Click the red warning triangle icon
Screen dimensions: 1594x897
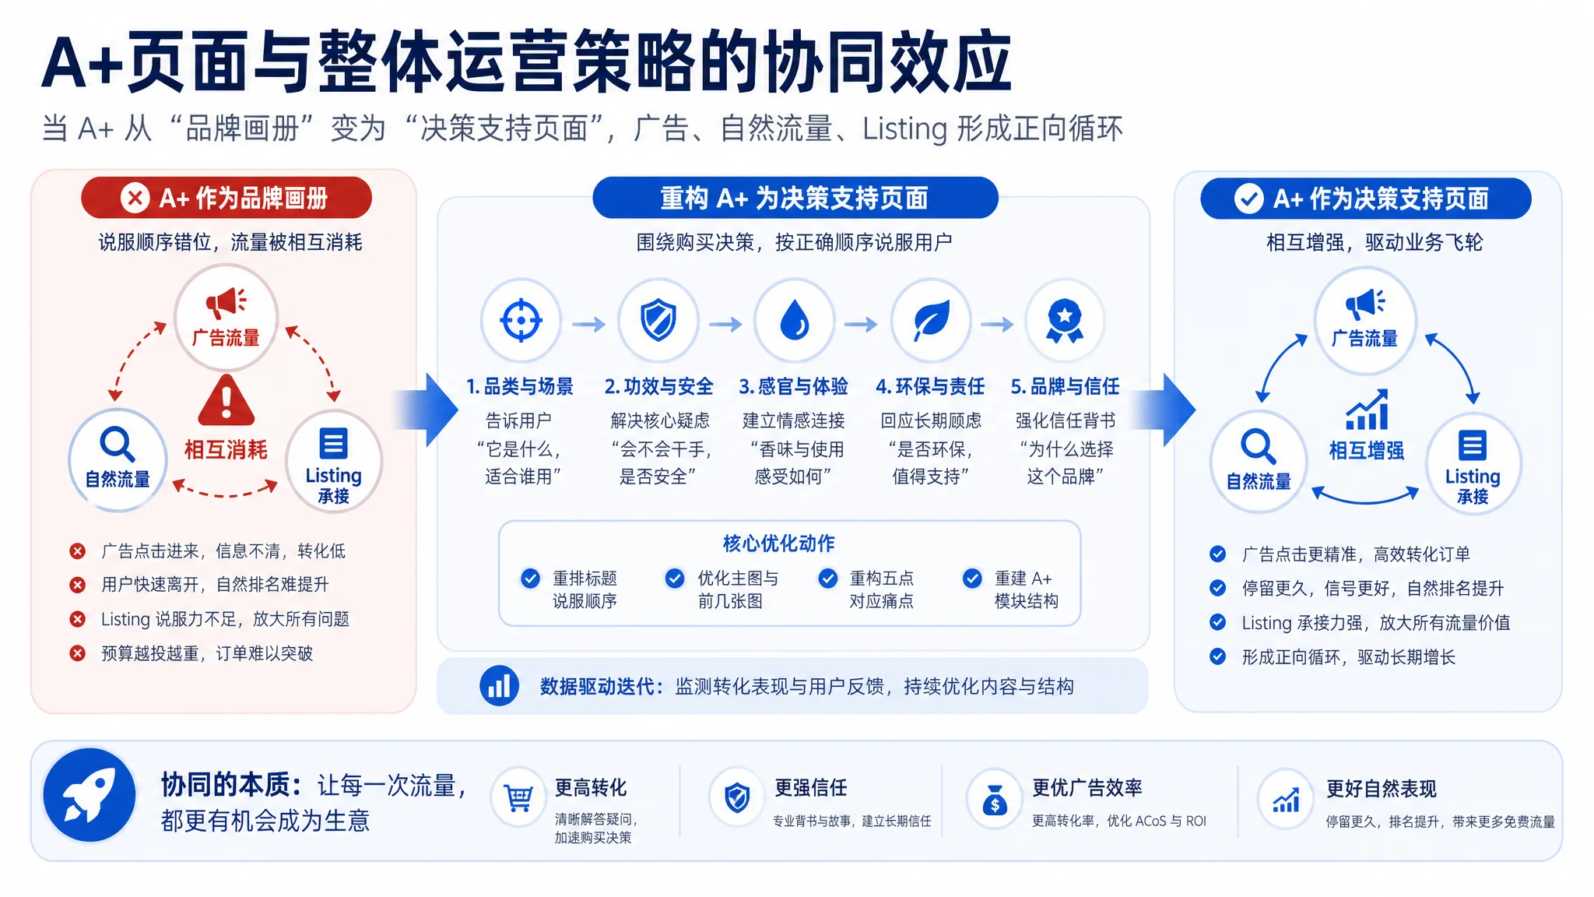(x=226, y=400)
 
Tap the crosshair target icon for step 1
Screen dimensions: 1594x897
(x=521, y=319)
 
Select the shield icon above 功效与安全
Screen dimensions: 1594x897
(x=658, y=319)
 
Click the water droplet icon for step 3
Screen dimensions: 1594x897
(x=794, y=319)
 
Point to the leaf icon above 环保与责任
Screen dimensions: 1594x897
(x=931, y=319)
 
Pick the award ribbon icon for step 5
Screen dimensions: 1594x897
(x=1065, y=321)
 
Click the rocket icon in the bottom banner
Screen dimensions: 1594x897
(x=90, y=795)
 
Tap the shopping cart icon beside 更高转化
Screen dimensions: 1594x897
(x=518, y=798)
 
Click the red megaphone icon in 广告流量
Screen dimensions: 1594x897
(x=226, y=302)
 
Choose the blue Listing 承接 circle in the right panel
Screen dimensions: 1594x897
(x=1473, y=464)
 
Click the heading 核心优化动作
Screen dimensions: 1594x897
(x=778, y=543)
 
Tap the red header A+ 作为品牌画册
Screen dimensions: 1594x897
(x=226, y=198)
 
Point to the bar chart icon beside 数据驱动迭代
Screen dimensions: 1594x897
(x=499, y=686)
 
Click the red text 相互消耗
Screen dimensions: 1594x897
(x=226, y=449)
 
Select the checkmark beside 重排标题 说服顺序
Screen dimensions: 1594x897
(x=530, y=579)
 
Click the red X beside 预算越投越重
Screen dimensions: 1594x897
(x=78, y=653)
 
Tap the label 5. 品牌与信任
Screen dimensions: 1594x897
(x=1065, y=386)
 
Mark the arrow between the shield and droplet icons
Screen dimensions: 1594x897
(x=725, y=324)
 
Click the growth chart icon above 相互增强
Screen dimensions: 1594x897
(x=1368, y=410)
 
